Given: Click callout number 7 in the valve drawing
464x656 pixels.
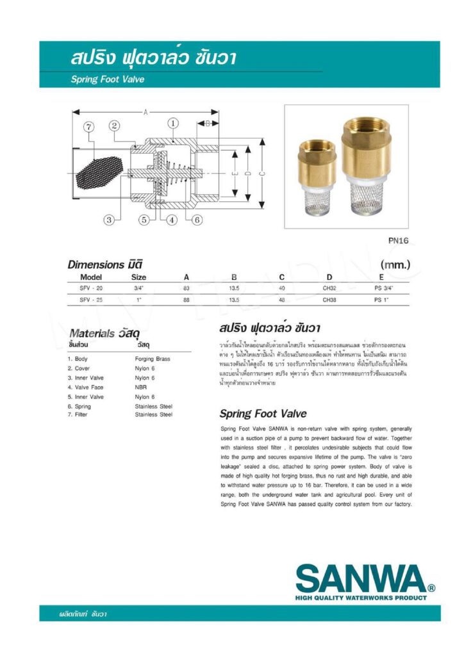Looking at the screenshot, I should pos(89,128).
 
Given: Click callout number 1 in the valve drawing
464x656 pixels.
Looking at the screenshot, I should pos(172,122).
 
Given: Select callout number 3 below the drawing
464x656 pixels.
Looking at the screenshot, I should pos(109,220).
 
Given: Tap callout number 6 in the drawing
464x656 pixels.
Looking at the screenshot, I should pos(197,220).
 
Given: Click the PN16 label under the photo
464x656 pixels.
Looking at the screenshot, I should pos(399,241).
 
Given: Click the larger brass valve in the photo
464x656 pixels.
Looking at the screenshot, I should pos(364,167).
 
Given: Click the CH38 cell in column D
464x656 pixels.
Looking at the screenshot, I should pos(329,299).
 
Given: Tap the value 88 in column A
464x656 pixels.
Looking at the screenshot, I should pos(186,299).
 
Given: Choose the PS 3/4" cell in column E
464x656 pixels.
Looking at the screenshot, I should pos(383,288).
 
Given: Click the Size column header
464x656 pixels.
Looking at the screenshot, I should pos(138,277).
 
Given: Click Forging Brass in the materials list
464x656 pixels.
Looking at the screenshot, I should pos(153,359).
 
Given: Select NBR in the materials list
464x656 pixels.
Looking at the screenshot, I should pos(141,388).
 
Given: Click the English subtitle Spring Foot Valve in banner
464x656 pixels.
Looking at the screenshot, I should pos(108,80).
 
